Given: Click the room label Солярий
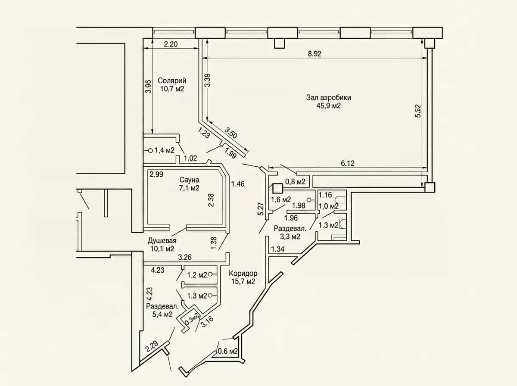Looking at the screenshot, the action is click(172, 81).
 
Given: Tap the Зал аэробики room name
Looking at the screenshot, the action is click(329, 97).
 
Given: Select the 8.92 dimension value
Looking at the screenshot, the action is click(315, 54).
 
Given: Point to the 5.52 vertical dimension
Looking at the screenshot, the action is click(418, 111).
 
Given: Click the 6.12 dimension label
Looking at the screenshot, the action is click(348, 163).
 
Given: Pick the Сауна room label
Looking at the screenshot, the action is click(189, 180).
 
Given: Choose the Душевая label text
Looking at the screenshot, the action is click(162, 241).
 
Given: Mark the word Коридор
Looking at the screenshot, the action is click(243, 273).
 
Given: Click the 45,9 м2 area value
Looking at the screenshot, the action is click(329, 106).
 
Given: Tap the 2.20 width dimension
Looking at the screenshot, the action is click(171, 44).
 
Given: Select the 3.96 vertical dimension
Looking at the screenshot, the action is click(148, 87).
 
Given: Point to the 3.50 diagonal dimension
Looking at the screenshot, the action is click(231, 133).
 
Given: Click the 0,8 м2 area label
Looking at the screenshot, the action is click(296, 181).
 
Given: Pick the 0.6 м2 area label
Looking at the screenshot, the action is click(228, 351).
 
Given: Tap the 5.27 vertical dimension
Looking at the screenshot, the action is click(261, 209).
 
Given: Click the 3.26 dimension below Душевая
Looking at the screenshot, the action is click(185, 257).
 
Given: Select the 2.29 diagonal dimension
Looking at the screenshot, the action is click(152, 347).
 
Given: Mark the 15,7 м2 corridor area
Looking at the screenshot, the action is click(243, 281).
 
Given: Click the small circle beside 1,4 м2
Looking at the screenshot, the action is click(150, 150).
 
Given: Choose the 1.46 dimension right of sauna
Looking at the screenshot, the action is click(238, 184).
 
